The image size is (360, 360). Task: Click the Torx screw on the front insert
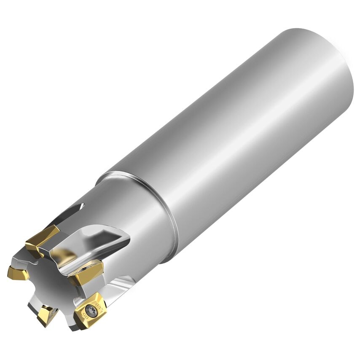(89, 311)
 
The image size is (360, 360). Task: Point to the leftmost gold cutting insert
(18, 273)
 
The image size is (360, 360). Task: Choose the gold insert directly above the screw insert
(87, 272)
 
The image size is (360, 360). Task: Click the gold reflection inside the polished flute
(63, 255)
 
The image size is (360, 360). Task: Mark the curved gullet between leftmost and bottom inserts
(32, 295)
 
